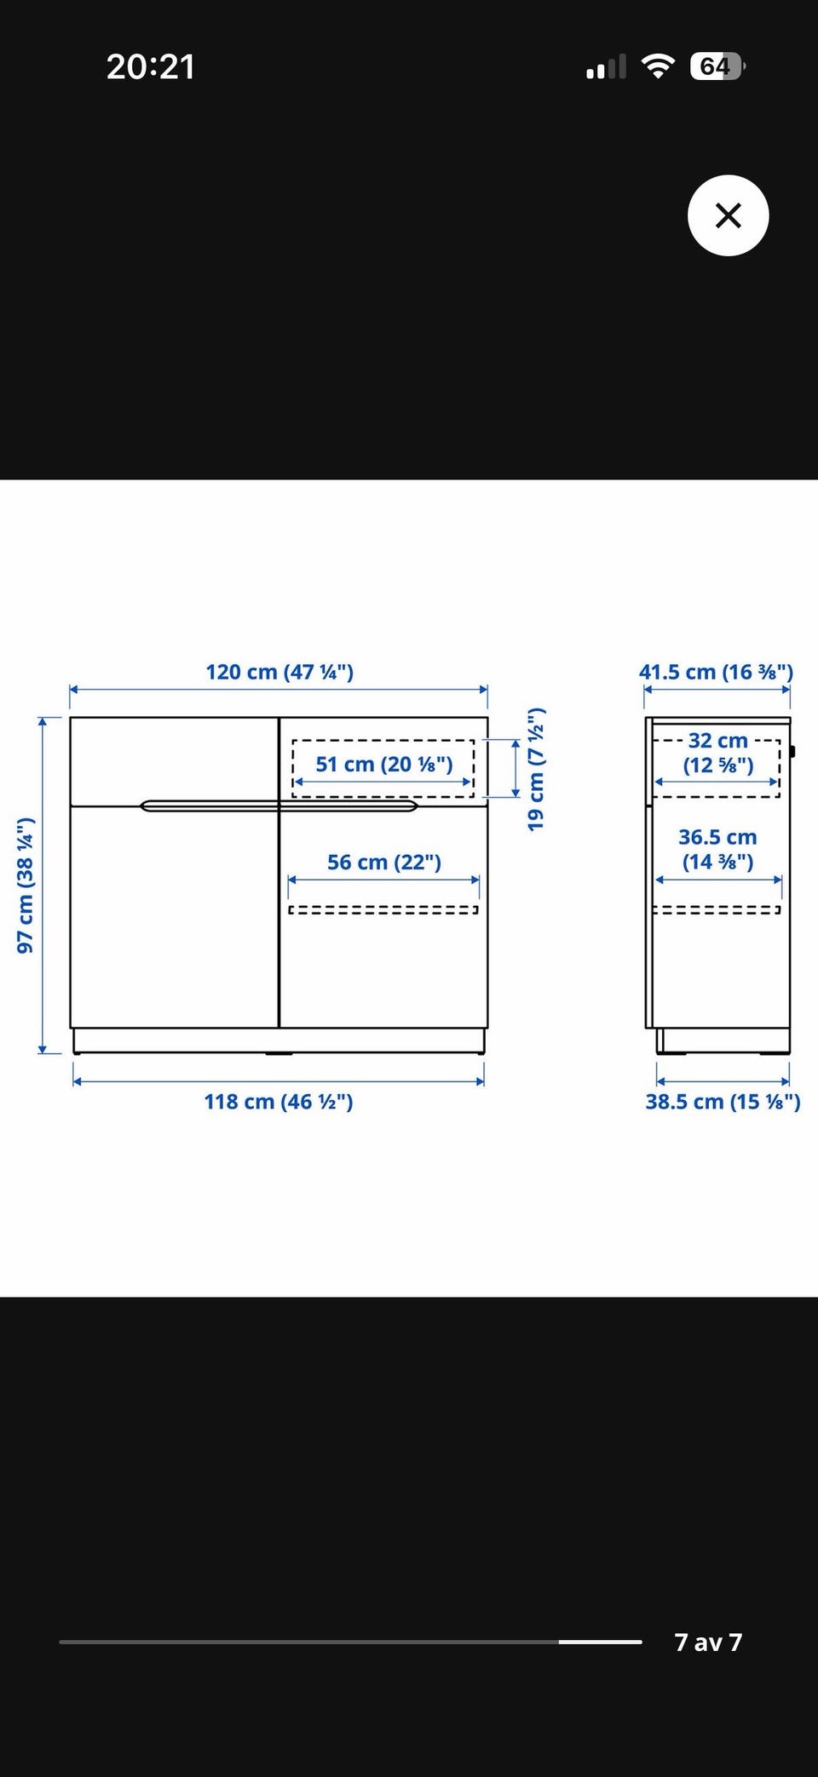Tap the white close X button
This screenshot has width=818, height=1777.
click(x=728, y=215)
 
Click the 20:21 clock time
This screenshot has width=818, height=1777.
click(x=151, y=66)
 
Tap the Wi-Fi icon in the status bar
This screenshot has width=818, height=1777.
click(x=657, y=66)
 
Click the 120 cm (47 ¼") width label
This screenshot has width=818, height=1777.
click(x=279, y=672)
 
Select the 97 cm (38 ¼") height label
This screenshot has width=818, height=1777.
click(x=26, y=885)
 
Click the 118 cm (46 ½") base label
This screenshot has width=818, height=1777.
click(x=279, y=1102)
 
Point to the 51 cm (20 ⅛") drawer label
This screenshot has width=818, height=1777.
click(x=384, y=765)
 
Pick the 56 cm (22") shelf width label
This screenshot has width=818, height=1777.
click(x=384, y=863)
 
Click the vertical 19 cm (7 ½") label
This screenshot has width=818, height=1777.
click(x=535, y=769)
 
